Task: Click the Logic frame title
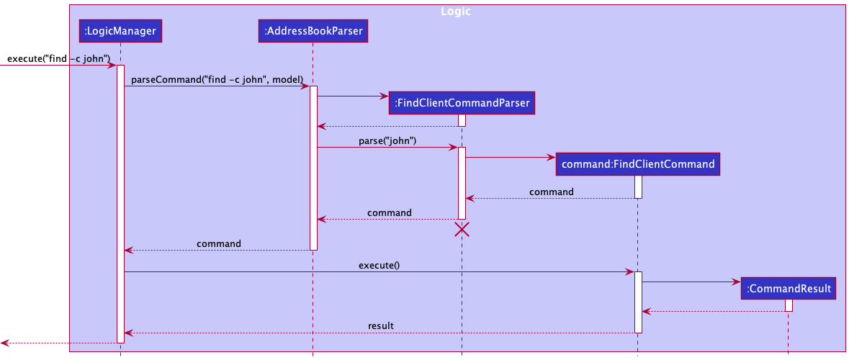(x=456, y=12)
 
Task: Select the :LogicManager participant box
(x=120, y=30)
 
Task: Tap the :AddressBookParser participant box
(x=313, y=30)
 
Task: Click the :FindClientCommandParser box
(x=462, y=103)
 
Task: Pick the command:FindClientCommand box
(x=638, y=164)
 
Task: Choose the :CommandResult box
(x=789, y=289)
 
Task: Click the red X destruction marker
(x=462, y=230)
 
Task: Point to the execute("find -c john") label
(x=58, y=58)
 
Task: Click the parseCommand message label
(x=217, y=78)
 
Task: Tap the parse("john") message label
(x=387, y=140)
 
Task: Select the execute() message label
(x=379, y=265)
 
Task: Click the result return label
(x=381, y=325)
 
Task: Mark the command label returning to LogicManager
(x=219, y=243)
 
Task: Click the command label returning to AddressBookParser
(x=390, y=212)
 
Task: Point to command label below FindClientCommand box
(x=552, y=192)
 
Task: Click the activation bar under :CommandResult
(x=789, y=305)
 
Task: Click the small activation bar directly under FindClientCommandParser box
(x=462, y=120)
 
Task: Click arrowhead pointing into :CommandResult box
(x=736, y=282)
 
